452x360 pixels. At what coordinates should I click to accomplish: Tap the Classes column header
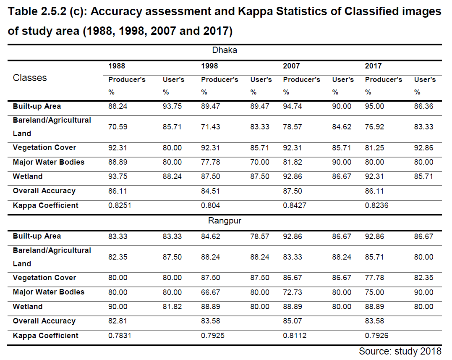coord(30,78)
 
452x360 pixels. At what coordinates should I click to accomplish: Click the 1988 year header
coord(117,66)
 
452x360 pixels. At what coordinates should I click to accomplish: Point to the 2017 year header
coord(373,66)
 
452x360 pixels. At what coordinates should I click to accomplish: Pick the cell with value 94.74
coord(292,106)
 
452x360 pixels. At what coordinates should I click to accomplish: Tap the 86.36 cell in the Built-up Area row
coord(423,106)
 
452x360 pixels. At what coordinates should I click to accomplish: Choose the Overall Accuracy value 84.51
coord(210,191)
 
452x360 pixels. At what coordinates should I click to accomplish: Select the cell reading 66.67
coord(210,292)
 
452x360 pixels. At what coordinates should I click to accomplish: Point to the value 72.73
coord(292,292)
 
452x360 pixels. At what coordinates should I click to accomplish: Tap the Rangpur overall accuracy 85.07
coord(292,321)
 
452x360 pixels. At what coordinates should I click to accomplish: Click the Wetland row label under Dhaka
coord(28,176)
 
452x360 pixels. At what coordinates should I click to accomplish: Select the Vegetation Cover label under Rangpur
coord(44,278)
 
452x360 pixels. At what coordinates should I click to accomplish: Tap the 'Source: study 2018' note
coord(400,351)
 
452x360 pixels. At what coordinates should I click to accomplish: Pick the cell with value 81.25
coord(374,147)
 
